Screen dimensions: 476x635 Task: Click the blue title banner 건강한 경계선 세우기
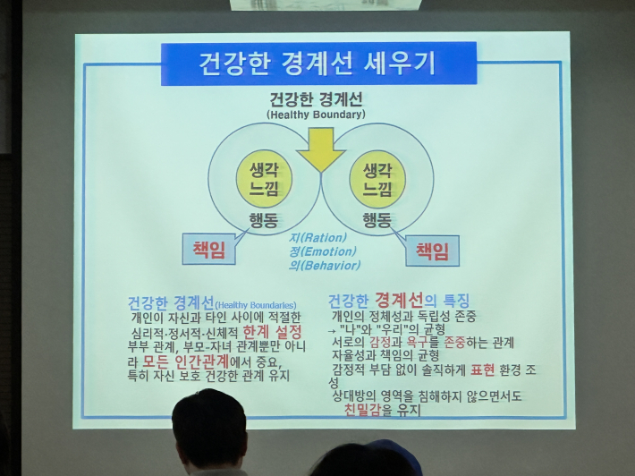(317, 64)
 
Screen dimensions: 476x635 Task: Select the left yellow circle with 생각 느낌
(264, 178)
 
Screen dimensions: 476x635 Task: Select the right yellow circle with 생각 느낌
(377, 178)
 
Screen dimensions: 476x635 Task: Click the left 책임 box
(208, 250)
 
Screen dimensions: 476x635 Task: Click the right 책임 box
(432, 251)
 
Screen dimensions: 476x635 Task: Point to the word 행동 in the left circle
(264, 219)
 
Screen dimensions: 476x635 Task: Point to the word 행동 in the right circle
(377, 219)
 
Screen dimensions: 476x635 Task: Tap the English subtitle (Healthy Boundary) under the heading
(316, 115)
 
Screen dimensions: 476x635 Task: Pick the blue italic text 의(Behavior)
(325, 266)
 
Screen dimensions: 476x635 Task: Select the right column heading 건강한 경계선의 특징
(398, 300)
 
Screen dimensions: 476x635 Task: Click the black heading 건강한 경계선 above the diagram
(316, 100)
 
